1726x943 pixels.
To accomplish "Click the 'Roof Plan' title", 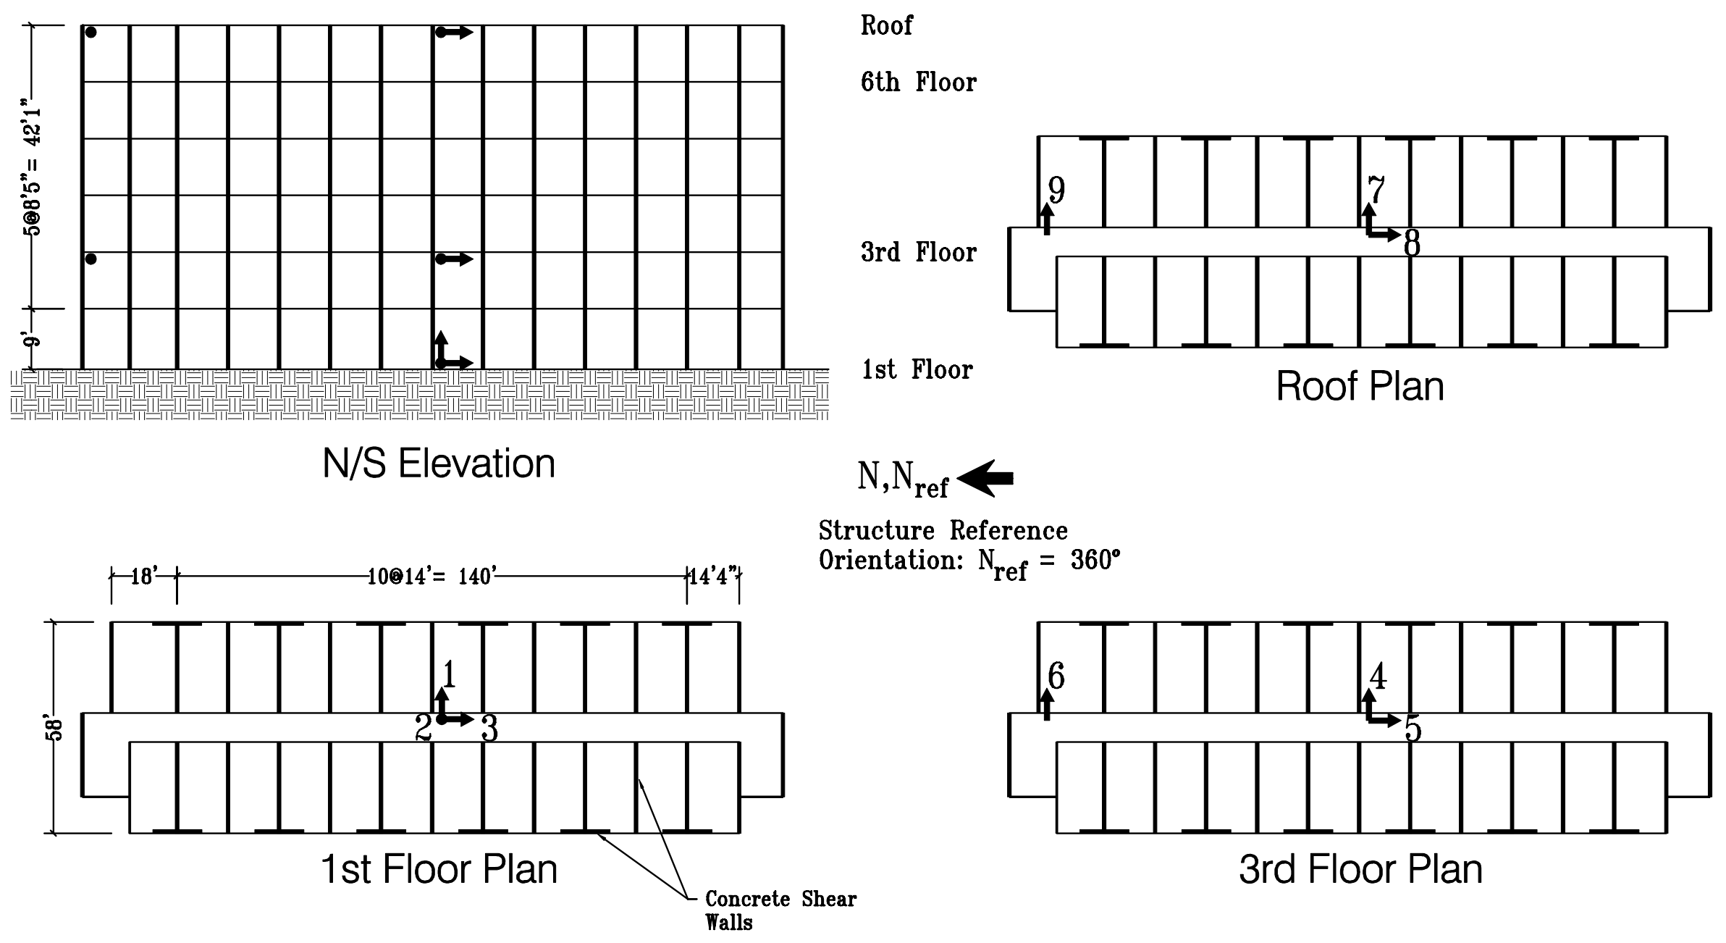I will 1359,387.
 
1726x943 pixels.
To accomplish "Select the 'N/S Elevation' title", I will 439,464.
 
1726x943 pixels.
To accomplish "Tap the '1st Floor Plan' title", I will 439,869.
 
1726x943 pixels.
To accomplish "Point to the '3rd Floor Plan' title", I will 1360,869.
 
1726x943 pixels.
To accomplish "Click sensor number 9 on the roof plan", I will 1056,190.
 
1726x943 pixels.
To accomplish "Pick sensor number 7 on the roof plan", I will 1376,190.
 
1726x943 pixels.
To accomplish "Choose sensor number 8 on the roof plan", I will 1412,244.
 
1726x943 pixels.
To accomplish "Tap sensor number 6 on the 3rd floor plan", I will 1056,677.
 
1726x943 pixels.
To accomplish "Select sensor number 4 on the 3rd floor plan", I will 1378,677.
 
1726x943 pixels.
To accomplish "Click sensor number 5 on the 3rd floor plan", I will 1413,729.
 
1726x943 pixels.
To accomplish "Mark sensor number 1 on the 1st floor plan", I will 449,675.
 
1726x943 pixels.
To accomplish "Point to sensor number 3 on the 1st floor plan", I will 489,729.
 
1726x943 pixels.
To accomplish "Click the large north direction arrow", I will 985,478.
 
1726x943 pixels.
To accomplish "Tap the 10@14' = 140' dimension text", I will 431,577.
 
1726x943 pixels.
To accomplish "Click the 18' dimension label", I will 143,577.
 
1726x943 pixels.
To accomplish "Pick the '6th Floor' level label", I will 918,83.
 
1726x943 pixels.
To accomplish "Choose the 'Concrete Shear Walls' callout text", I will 780,910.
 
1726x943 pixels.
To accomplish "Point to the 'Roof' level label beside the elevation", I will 886,26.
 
